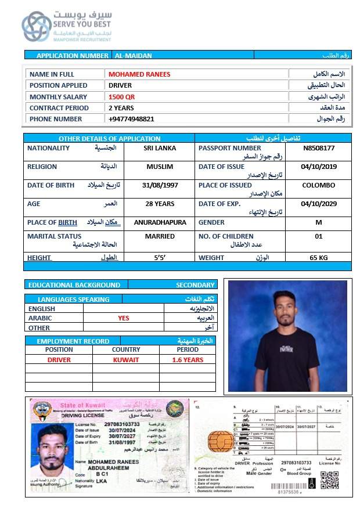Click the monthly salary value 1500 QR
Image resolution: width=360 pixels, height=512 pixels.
(x=121, y=97)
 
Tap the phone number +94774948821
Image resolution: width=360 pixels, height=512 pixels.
(x=131, y=119)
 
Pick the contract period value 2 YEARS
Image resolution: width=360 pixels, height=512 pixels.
(x=121, y=108)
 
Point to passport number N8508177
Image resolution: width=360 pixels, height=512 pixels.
(x=319, y=148)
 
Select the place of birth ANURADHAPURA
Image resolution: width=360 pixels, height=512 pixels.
(x=160, y=222)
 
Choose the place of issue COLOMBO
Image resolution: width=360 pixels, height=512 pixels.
(x=319, y=185)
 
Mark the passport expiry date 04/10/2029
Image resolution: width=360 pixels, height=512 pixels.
(x=319, y=204)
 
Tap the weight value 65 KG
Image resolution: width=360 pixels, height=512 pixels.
(x=319, y=257)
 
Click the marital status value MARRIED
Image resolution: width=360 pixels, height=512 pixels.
(x=160, y=236)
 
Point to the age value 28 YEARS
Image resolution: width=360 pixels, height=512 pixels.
(x=160, y=204)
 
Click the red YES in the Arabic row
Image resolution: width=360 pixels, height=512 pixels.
(x=124, y=318)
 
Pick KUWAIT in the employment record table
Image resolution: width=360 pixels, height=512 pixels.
(x=126, y=360)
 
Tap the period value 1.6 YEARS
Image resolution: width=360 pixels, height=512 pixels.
(x=188, y=360)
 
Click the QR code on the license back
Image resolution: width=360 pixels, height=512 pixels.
(x=329, y=480)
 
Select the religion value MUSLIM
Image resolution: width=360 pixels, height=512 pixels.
(x=160, y=167)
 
